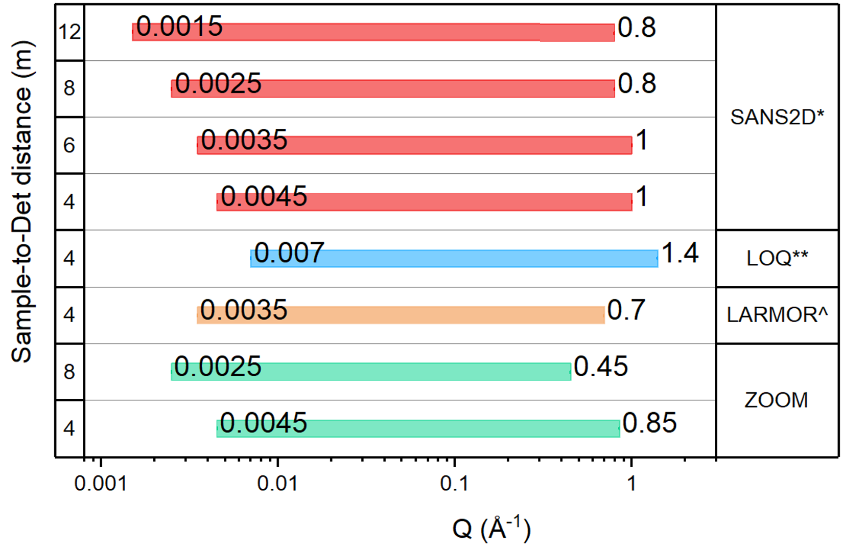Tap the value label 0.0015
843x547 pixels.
tap(179, 27)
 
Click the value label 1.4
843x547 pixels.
tap(680, 253)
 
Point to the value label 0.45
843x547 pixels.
tap(600, 367)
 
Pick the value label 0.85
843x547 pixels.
tap(649, 423)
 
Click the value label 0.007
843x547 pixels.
tap(289, 253)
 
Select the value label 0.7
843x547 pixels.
tap(626, 310)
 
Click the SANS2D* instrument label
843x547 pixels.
tap(777, 118)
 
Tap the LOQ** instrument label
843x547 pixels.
tap(777, 259)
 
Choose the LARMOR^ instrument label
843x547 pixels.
tap(777, 315)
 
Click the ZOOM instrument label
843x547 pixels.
tap(776, 400)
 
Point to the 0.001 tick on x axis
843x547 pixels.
tap(101, 483)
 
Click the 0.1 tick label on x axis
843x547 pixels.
tap(454, 483)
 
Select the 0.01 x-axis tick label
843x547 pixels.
tap(277, 483)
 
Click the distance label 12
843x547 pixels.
tap(69, 32)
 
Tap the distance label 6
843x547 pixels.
tap(69, 146)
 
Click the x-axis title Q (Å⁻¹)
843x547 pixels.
tap(491, 529)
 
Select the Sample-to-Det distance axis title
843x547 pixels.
tap(22, 202)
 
